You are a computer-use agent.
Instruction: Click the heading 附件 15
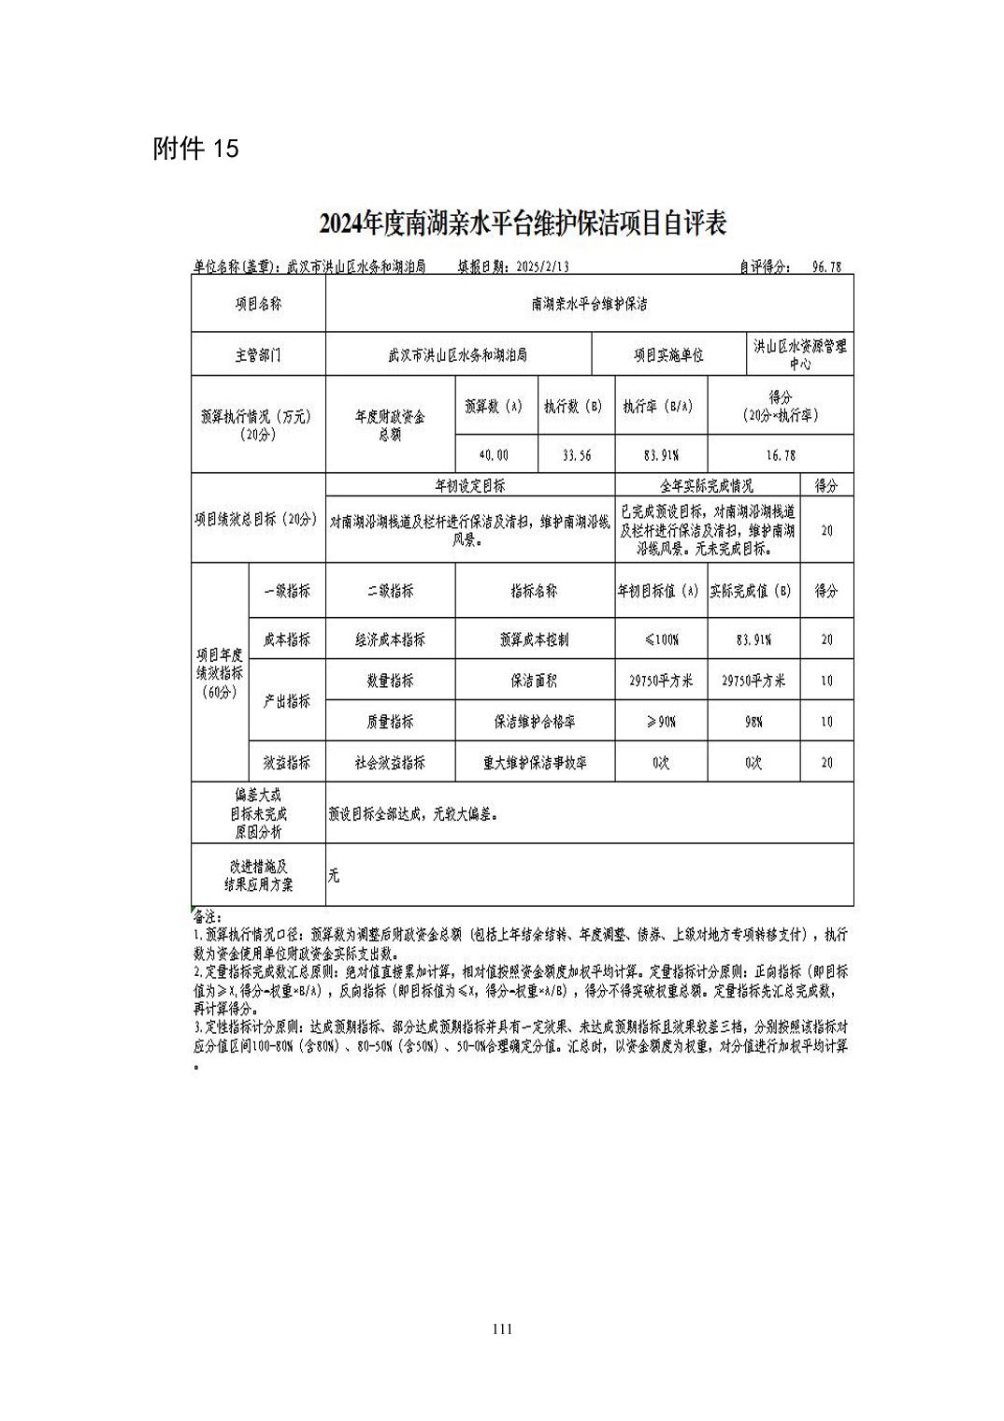coord(196,150)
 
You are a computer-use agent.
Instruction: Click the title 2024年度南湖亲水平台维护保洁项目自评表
coord(523,224)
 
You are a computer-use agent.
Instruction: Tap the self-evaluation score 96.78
coord(826,267)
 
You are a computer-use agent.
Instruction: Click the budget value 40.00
coord(494,455)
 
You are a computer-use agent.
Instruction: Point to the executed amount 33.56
coord(576,455)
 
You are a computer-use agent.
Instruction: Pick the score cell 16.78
coord(780,455)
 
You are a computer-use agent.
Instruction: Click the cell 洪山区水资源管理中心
coord(800,355)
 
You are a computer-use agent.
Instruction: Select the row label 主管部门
coord(258,356)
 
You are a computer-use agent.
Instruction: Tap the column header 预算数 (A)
coord(494,408)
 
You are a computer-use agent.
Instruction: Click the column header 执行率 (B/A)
coord(660,408)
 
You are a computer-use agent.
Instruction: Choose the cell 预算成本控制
coord(534,640)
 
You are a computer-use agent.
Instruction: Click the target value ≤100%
coord(661,640)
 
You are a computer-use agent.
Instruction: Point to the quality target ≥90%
coord(661,723)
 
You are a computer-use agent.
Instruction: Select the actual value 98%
coord(753,723)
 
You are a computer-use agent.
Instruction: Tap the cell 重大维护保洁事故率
coord(534,763)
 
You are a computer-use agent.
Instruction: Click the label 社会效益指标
coord(390,763)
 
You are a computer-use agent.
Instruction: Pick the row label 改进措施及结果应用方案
coord(258,875)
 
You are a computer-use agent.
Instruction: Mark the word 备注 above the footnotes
coord(206,917)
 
